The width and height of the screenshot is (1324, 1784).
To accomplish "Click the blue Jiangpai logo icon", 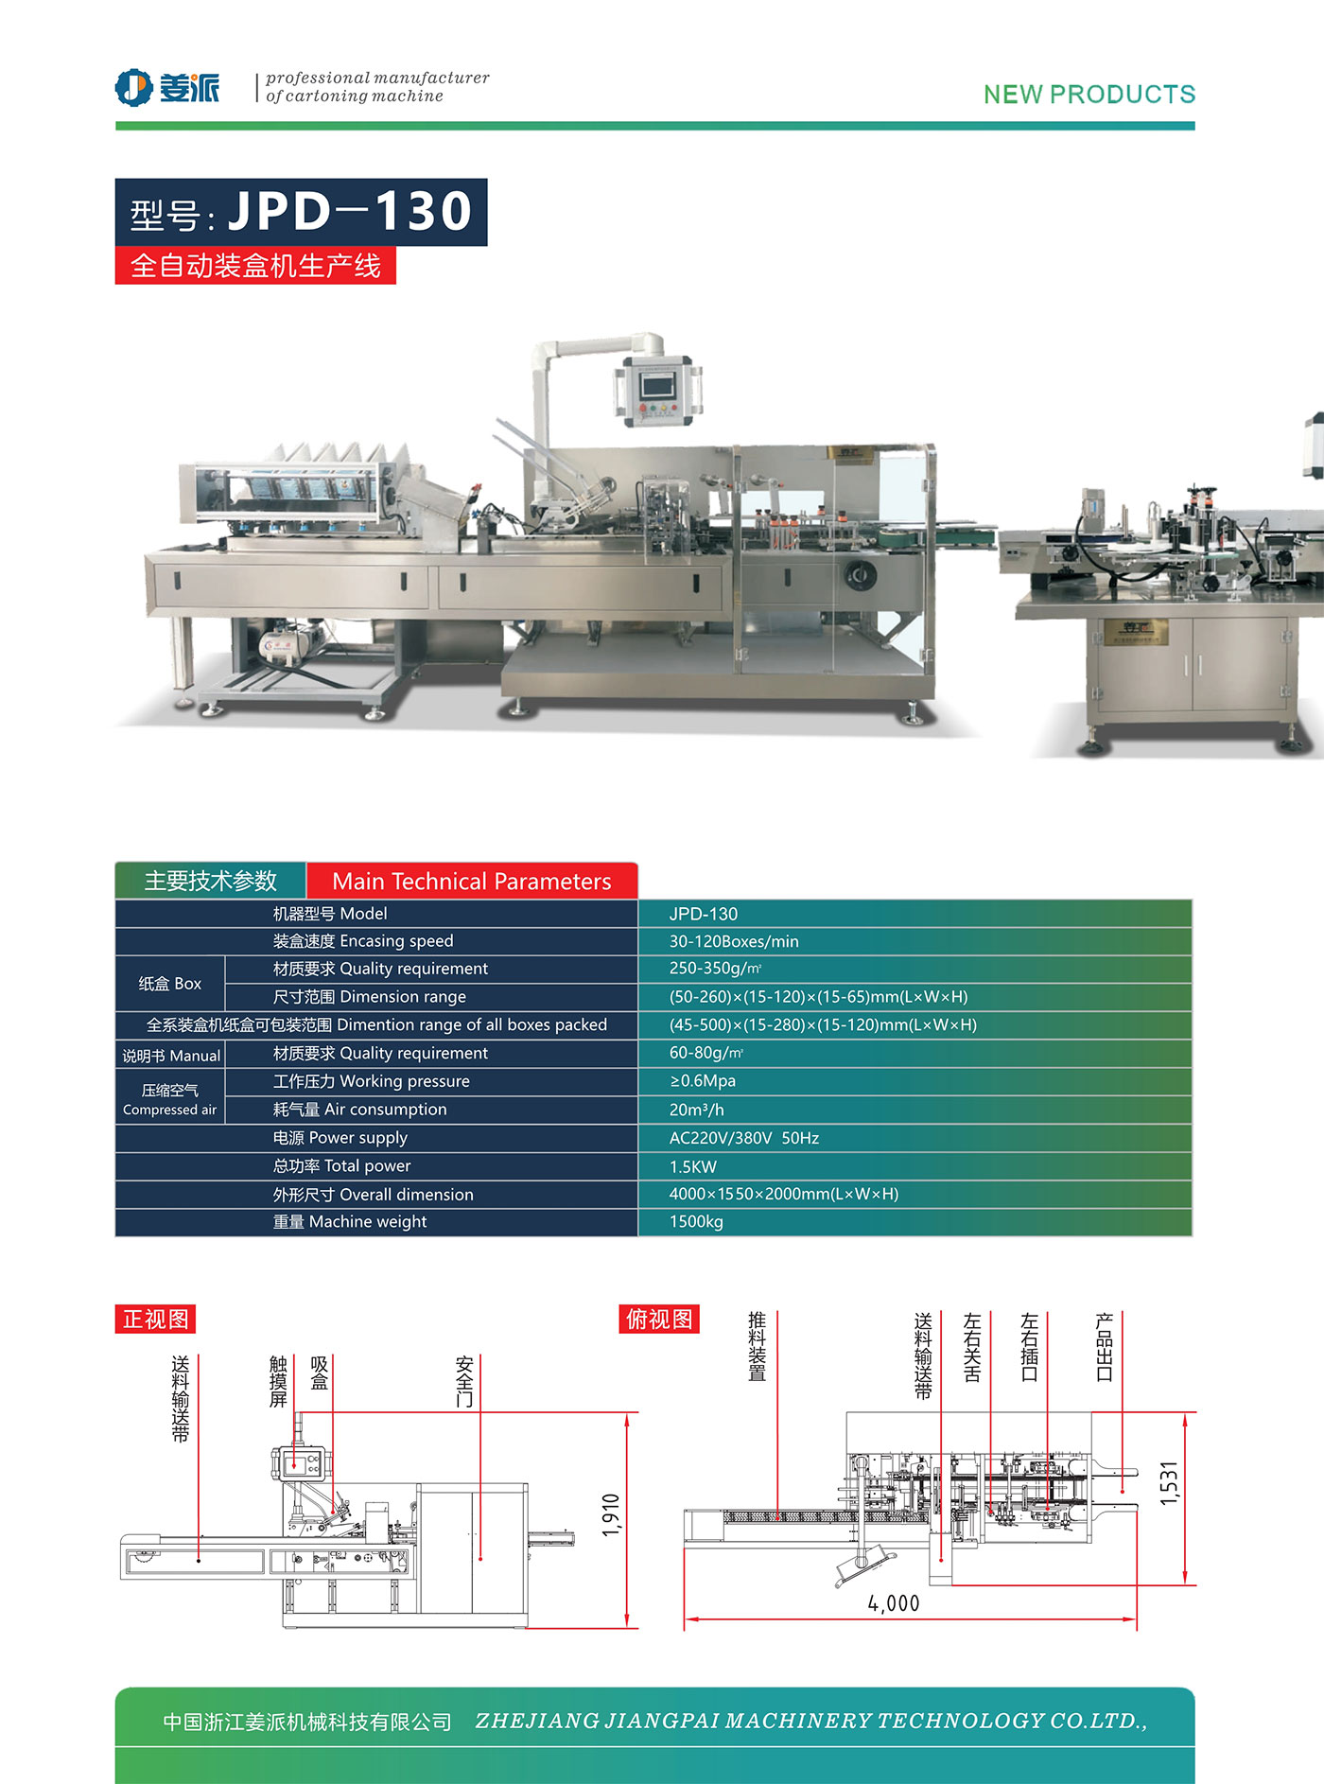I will coord(133,88).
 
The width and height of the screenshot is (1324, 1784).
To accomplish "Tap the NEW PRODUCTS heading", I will coord(1089,95).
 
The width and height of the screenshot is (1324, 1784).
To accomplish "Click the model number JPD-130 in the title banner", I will coord(350,210).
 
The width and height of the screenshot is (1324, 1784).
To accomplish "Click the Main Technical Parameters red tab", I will coord(471,882).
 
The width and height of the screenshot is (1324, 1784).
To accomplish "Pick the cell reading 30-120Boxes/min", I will coord(734,941).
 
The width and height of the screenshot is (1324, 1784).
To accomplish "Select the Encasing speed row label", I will coord(363,941).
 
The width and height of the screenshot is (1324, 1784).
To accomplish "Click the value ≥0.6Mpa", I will coord(702,1081).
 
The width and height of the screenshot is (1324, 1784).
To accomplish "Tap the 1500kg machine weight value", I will coord(696,1222).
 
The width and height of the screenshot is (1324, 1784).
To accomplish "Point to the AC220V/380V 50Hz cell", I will coord(743,1138).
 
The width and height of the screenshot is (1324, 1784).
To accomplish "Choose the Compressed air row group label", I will coord(170,1099).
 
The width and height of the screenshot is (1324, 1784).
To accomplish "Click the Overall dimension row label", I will coord(374,1195).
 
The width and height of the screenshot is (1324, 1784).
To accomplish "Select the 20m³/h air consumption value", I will coord(696,1110).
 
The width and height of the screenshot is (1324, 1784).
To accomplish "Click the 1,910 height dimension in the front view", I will coord(611,1515).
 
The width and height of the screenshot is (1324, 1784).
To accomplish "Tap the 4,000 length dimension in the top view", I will coord(894,1603).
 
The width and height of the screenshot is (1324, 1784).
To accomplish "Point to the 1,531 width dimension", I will coord(1169,1483).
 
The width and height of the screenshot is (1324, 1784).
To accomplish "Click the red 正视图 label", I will coord(155,1319).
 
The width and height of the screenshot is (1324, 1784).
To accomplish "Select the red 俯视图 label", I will coord(659,1319).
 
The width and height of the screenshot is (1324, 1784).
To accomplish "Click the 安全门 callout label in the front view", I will coord(464,1381).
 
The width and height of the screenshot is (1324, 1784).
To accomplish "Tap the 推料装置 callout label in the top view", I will coord(757,1346).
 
